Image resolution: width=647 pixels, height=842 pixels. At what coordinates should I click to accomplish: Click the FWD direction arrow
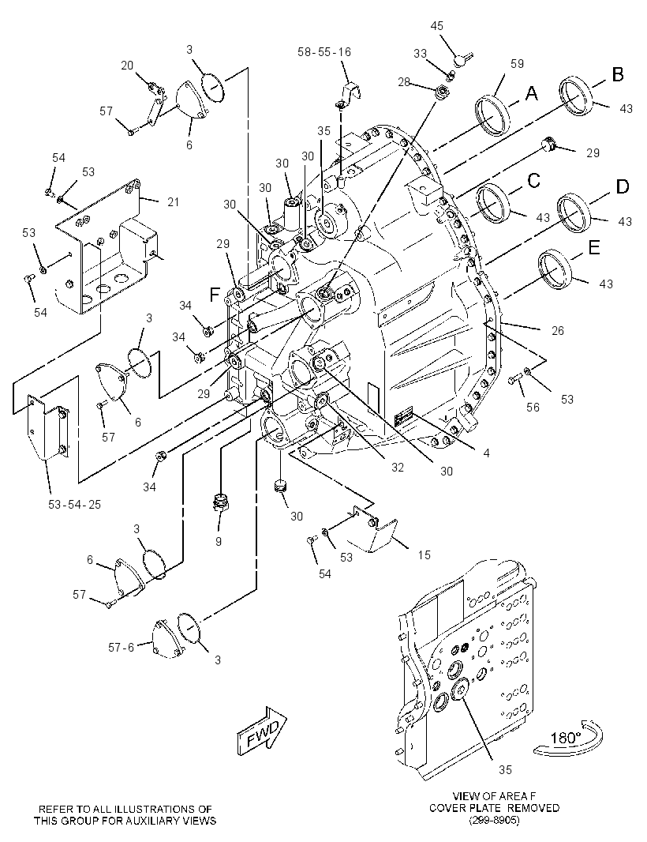click(262, 731)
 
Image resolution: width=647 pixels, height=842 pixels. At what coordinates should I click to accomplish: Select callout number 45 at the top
click(437, 26)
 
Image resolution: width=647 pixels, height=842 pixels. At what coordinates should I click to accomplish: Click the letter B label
click(618, 74)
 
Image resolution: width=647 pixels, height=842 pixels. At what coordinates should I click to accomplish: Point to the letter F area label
click(215, 294)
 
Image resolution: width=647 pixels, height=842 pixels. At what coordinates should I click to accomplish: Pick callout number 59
click(517, 64)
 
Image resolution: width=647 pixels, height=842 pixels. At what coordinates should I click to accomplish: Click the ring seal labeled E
click(555, 270)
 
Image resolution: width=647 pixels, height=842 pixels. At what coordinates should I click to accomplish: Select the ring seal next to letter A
click(492, 116)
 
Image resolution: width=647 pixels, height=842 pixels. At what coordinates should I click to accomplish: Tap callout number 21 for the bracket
click(173, 202)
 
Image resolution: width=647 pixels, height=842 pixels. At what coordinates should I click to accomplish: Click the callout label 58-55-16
click(324, 52)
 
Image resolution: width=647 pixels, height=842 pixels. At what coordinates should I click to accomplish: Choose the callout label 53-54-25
click(74, 504)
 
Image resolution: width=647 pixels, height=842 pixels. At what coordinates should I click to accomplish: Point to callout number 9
click(219, 542)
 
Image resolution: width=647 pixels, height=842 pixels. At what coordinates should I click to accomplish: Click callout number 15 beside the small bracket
click(424, 554)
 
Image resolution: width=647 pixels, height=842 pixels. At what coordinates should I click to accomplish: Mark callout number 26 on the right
click(557, 331)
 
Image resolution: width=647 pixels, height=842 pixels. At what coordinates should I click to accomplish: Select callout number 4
click(486, 453)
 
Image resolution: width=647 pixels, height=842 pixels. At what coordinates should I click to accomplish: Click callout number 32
click(397, 468)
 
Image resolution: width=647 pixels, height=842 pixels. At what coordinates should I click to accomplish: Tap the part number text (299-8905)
click(494, 821)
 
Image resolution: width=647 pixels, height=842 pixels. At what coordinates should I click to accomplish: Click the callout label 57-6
click(121, 648)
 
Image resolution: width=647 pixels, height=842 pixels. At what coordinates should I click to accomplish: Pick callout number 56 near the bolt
click(533, 408)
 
